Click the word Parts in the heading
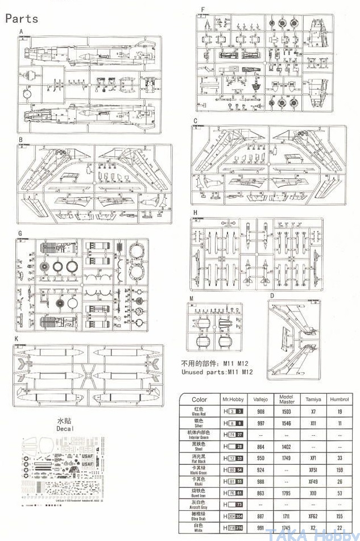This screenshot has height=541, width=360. [x=22, y=18]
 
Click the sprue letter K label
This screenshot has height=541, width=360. [x=17, y=339]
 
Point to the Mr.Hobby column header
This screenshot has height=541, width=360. [x=233, y=399]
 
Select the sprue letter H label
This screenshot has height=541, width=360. [x=195, y=213]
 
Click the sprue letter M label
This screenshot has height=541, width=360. [x=192, y=298]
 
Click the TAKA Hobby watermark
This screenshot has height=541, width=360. [x=319, y=535]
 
